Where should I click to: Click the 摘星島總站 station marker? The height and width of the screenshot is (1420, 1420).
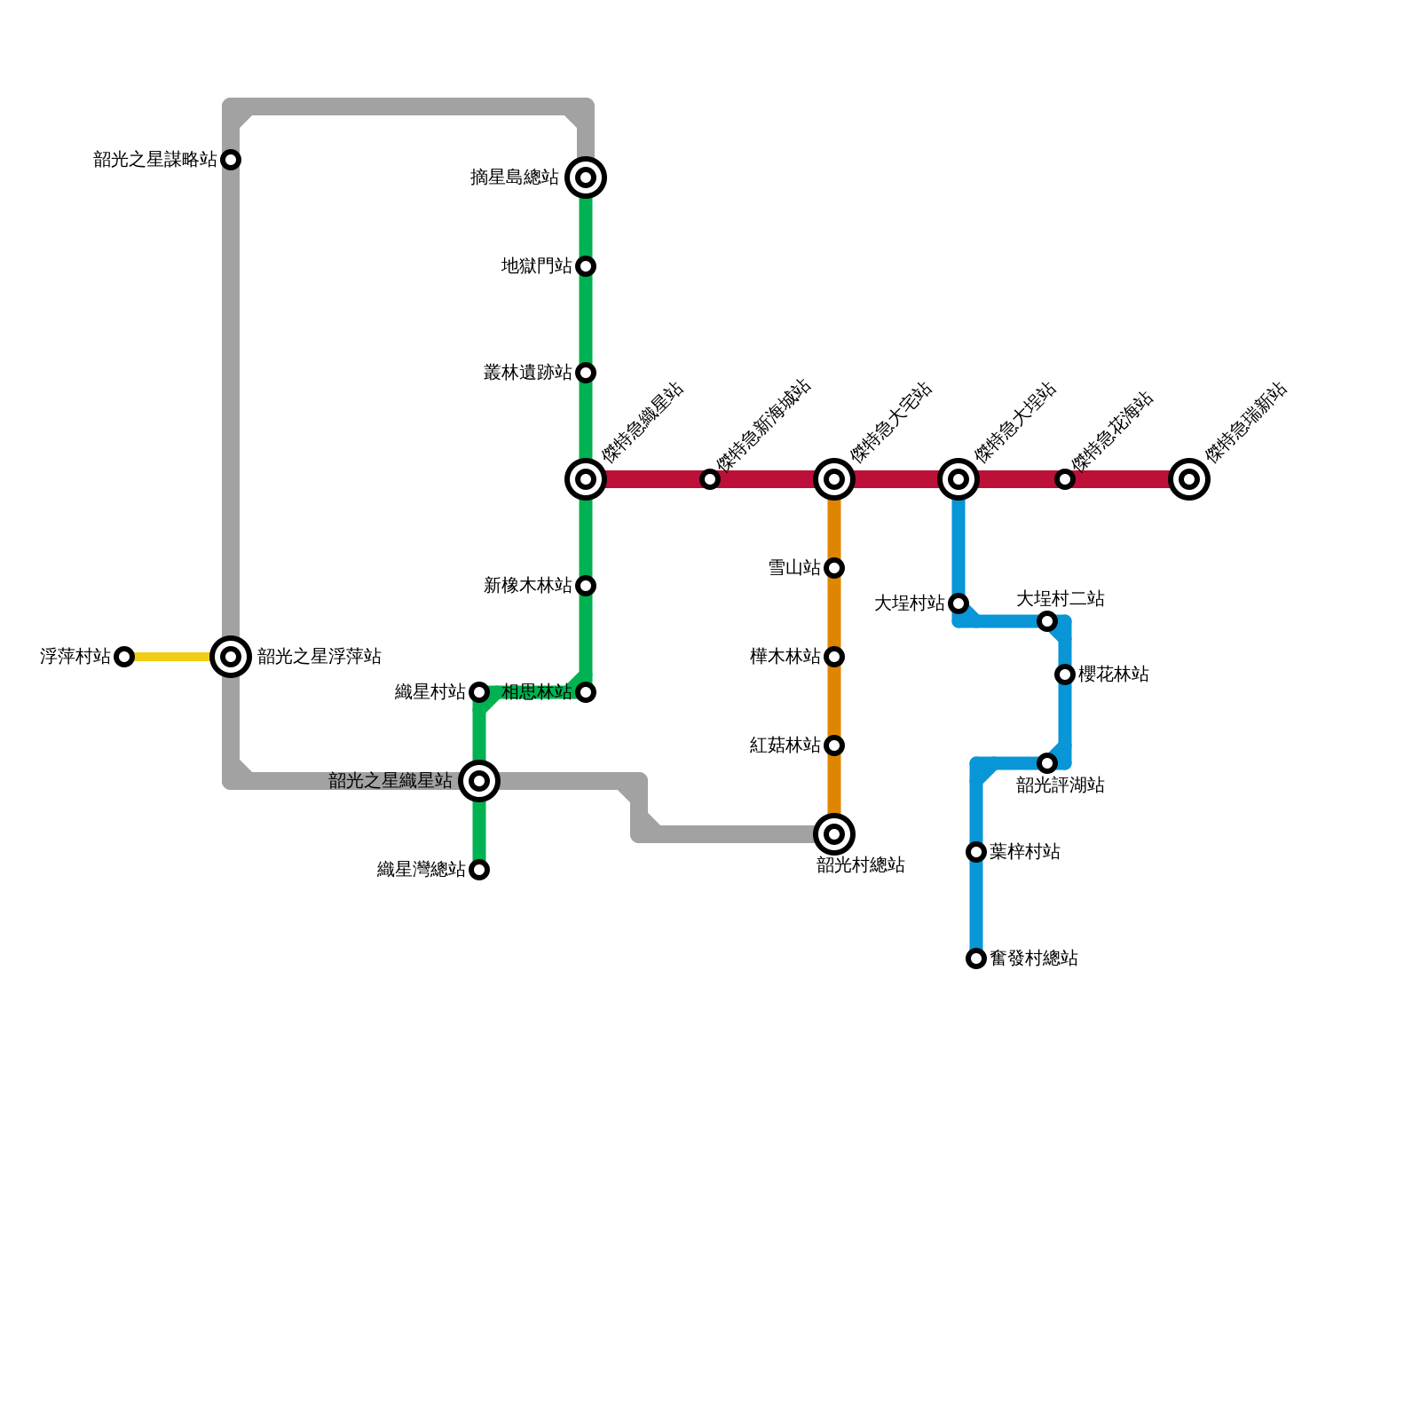pos(586,177)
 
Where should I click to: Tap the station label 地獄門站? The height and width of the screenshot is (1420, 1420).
pos(536,266)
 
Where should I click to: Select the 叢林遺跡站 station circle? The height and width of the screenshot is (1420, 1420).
pos(586,373)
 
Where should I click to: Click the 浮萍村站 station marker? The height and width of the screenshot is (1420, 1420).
pos(124,657)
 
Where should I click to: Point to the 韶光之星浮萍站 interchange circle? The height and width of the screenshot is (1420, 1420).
pos(231,657)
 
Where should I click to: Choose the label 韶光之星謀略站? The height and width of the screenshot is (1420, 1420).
pos(155,160)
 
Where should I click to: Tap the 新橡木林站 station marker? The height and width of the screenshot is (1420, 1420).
pos(586,586)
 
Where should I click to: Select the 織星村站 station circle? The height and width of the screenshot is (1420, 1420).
pos(479,692)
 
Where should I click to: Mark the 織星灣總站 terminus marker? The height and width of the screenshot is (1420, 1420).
pos(479,870)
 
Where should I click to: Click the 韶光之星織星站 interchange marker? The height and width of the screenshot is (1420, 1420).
pos(479,781)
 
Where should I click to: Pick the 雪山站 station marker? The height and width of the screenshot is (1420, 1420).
pos(834,568)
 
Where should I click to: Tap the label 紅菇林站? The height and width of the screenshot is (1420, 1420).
pos(785,745)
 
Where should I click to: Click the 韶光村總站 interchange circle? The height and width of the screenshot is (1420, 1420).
pos(834,834)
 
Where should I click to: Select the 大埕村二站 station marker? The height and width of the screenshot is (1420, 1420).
pos(1047,621)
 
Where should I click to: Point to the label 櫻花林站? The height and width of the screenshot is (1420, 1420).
pos(1114,674)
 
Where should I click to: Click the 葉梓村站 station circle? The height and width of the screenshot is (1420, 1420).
pos(976,852)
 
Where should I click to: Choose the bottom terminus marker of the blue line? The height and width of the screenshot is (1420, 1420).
pos(976,958)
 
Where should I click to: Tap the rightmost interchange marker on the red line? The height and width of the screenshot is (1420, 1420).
pos(1189,479)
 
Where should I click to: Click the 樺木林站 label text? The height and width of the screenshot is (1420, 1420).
pos(785,657)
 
